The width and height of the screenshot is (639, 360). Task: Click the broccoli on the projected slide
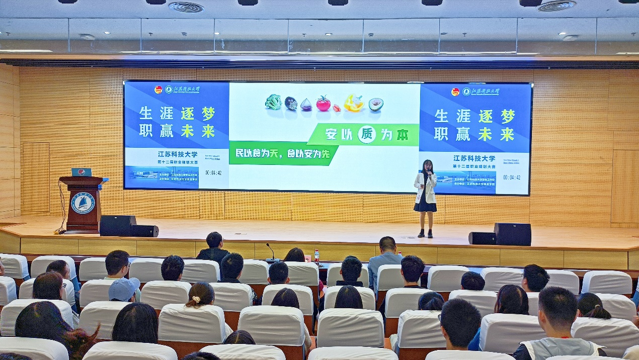273,102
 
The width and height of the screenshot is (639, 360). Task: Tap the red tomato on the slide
323,103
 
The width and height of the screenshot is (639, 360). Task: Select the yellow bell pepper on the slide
354,103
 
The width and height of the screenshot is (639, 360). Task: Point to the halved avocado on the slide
375,104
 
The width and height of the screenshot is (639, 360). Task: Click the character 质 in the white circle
367,135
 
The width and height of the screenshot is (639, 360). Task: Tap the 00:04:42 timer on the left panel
213,173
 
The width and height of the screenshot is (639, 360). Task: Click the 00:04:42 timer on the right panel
511,177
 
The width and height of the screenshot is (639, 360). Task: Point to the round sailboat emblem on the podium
83,203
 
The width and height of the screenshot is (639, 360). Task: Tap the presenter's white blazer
426,188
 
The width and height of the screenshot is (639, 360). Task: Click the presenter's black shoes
425,233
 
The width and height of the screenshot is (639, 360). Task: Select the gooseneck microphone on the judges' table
271,251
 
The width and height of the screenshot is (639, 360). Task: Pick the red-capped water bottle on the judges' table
316,256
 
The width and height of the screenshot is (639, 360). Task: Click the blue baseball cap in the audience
124,289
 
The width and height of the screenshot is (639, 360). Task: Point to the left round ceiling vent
186,7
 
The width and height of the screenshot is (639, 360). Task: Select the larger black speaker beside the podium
118,225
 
